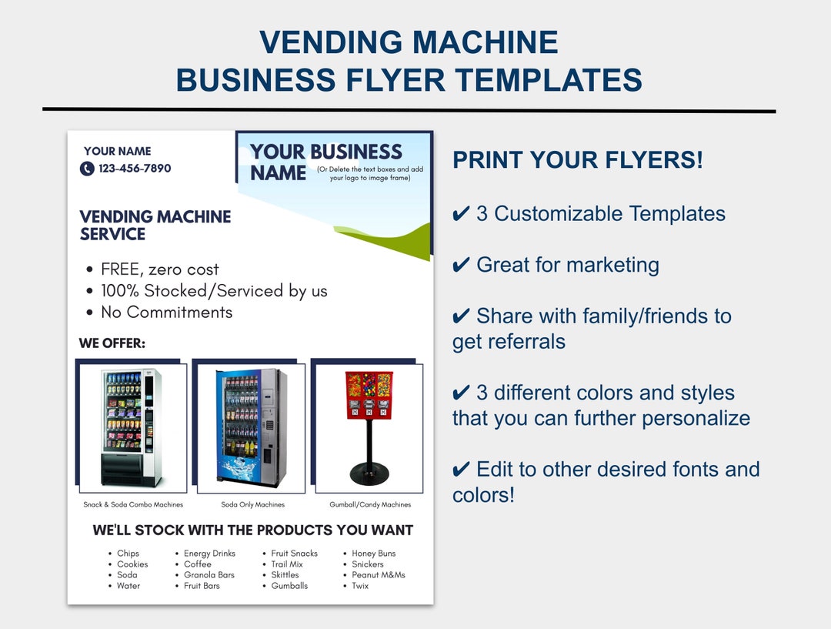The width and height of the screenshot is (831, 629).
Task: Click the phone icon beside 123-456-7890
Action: tap(87, 169)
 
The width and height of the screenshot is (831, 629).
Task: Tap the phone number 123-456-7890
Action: tap(135, 169)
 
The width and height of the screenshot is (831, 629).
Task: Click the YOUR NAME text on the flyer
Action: tap(117, 151)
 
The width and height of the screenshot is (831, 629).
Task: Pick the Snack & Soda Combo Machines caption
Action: tap(133, 505)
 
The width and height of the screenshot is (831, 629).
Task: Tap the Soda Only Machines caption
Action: tap(252, 505)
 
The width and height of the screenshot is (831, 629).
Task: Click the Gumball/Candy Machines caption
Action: tap(370, 505)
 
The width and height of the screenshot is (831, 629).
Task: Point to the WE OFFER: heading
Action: tap(112, 343)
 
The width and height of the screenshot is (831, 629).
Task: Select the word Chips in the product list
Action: tap(128, 554)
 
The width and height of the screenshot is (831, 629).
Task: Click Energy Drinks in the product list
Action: tap(209, 554)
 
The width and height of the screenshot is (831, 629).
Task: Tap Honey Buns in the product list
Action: tap(373, 554)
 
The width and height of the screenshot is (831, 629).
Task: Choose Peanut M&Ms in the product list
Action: tap(378, 575)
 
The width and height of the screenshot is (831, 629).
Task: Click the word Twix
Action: tap(360, 586)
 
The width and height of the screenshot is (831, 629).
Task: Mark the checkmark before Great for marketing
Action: tap(461, 266)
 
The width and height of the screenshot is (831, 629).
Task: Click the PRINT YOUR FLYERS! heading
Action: tap(577, 160)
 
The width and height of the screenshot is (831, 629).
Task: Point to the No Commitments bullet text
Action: tap(166, 313)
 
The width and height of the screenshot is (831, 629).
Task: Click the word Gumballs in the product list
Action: tap(289, 586)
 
